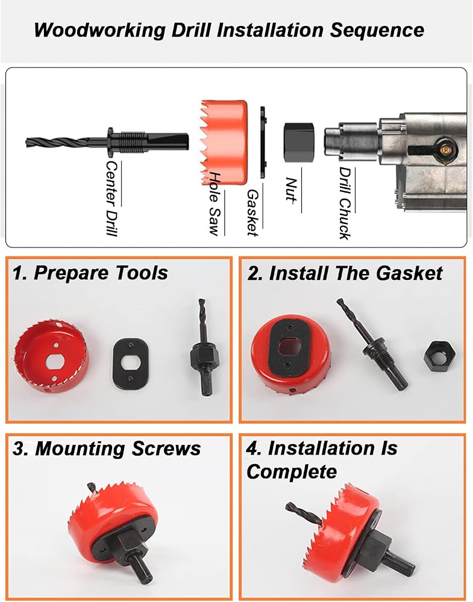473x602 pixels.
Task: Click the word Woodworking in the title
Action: click(x=99, y=30)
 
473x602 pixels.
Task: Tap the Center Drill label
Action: click(x=111, y=198)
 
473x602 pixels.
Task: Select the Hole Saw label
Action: click(x=215, y=203)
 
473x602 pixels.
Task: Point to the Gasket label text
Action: click(x=252, y=213)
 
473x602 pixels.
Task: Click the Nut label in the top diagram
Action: click(x=291, y=190)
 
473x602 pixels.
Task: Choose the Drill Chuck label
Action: click(x=345, y=203)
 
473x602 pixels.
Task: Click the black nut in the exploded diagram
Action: click(x=299, y=141)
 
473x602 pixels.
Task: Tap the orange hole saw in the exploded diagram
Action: click(x=224, y=143)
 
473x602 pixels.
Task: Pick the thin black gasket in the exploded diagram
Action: click(x=263, y=143)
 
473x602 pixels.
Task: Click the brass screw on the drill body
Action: click(x=445, y=149)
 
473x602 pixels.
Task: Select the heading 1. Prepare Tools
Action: click(x=90, y=273)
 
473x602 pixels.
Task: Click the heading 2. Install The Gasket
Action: click(x=345, y=273)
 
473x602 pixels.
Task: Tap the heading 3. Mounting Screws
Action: click(x=107, y=448)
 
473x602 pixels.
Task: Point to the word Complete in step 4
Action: click(x=292, y=471)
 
